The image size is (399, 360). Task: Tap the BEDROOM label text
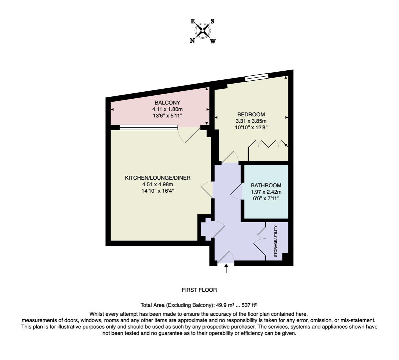coord(251,114)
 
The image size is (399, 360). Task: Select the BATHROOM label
coord(266,185)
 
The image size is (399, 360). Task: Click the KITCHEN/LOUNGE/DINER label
coord(158,178)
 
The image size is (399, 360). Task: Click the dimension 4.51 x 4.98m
coord(158,184)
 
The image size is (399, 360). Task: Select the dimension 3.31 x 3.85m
coord(251,121)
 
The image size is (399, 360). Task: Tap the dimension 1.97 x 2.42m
coord(266,192)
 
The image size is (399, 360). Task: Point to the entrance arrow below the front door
coord(226,269)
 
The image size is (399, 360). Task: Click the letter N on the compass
coord(192,41)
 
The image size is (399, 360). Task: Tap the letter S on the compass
coord(212,21)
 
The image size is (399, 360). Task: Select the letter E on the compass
coord(193,21)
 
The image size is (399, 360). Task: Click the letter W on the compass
coord(213,41)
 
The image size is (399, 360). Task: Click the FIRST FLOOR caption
coord(199,290)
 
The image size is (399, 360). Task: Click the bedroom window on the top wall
coord(256,77)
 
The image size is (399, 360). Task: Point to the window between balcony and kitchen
coord(149,127)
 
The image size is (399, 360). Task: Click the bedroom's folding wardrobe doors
coord(268,144)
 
